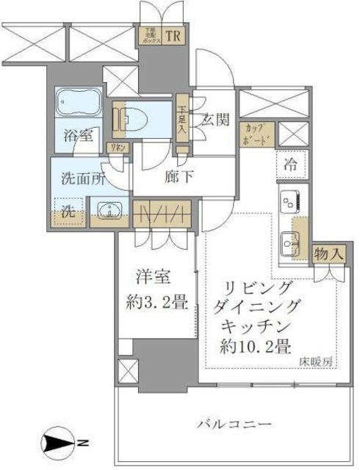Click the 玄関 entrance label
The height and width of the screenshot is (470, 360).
click(214, 118)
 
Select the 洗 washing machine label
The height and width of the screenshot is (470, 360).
click(68, 212)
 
